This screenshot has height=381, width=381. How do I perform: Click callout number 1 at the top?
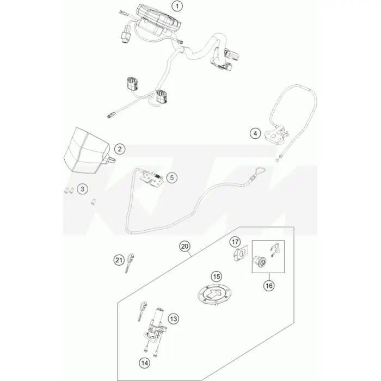(x=177, y=6)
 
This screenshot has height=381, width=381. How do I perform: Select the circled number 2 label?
(x=120, y=149)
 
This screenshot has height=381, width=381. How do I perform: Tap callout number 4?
(x=255, y=133)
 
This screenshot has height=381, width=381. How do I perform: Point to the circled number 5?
(x=172, y=177)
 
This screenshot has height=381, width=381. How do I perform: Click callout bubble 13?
(x=174, y=318)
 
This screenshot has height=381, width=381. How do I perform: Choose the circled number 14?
(x=144, y=363)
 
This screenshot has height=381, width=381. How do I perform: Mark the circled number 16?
(x=269, y=286)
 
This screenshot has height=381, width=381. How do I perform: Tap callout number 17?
(x=235, y=242)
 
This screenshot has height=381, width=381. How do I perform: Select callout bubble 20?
(x=185, y=247)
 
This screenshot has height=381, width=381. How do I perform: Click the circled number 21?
(x=119, y=260)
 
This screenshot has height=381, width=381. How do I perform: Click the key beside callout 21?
(x=130, y=263)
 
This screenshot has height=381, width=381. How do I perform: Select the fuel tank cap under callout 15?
(x=214, y=294)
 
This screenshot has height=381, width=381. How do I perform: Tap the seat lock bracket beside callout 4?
(x=277, y=133)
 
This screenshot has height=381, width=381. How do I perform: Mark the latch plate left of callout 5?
(x=152, y=179)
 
